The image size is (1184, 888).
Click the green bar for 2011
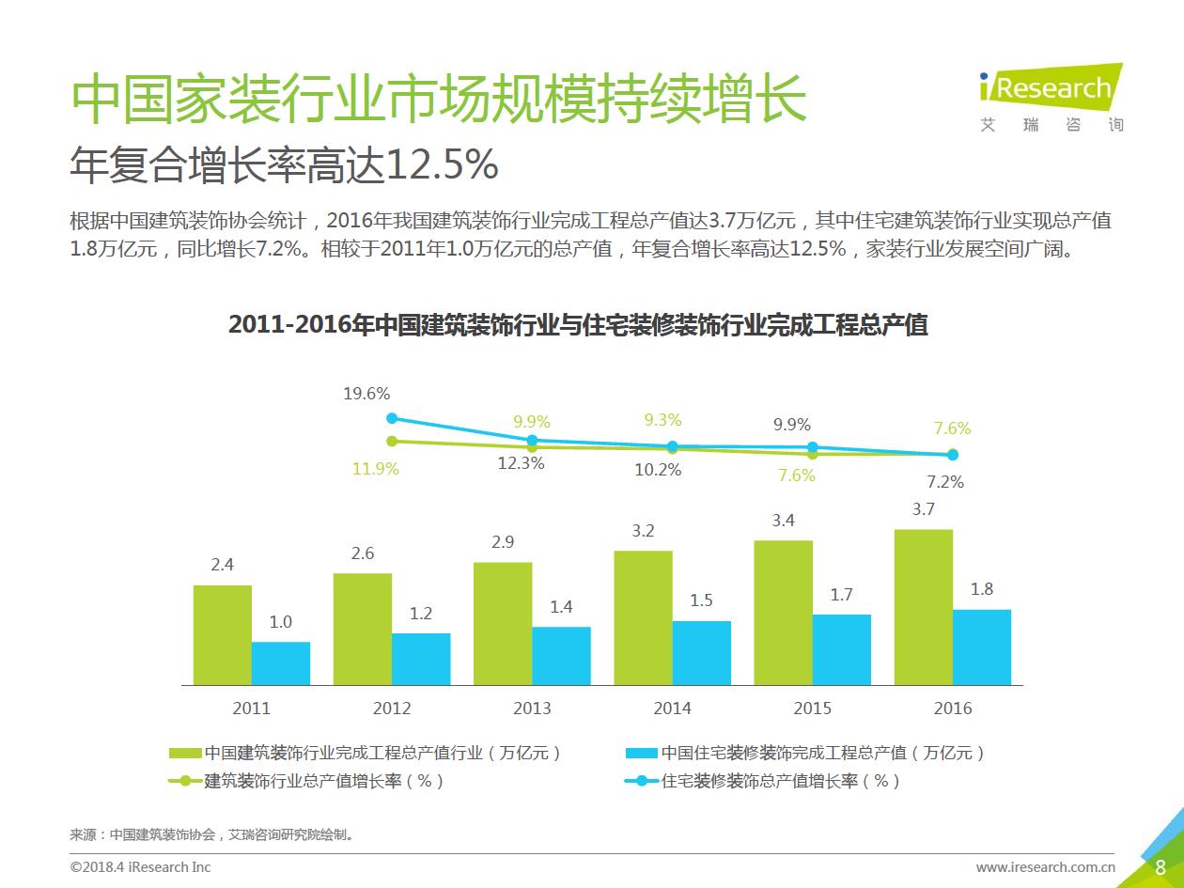[x=223, y=634]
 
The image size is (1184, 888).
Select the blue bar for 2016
[x=982, y=647]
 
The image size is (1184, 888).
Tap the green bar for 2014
[x=644, y=617]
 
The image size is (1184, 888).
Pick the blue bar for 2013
[x=561, y=655]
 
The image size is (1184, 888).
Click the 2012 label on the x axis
[x=392, y=709]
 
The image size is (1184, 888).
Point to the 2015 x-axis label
[x=812, y=709]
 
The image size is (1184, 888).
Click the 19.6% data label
[x=366, y=394]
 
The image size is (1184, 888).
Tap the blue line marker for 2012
[x=392, y=419]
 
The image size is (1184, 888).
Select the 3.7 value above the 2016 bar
[x=923, y=509]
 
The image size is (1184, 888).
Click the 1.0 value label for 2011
[x=280, y=622]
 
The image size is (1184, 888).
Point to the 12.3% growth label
[x=521, y=463]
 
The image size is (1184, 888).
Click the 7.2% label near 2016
[x=945, y=482]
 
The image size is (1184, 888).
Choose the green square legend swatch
[x=185, y=753]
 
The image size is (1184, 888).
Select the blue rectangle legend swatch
[x=640, y=753]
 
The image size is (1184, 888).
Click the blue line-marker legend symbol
[x=641, y=781]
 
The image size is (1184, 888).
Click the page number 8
[x=1160, y=867]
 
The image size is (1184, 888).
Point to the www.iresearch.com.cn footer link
[x=1045, y=867]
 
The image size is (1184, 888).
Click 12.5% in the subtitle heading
[x=442, y=167]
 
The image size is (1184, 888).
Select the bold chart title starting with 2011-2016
[x=578, y=325]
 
